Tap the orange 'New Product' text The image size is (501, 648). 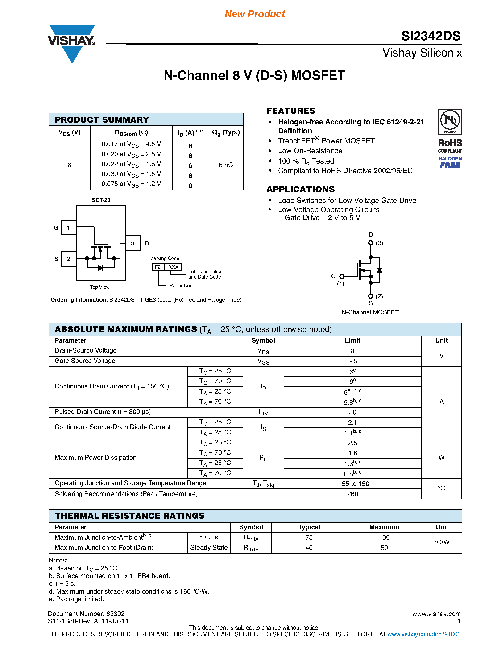point(255,14)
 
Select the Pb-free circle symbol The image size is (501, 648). point(450,120)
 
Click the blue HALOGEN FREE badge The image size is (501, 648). point(450,162)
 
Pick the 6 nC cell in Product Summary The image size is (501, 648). point(226,165)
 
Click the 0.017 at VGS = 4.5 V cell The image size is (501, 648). point(131,144)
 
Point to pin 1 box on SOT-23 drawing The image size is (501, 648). point(69,228)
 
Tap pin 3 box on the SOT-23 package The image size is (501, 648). point(133,243)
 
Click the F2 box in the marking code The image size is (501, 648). point(157,267)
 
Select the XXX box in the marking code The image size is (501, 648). point(173,267)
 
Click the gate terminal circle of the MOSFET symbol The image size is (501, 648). point(342,276)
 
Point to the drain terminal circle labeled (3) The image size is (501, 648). point(371,243)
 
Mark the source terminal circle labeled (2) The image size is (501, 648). point(371,296)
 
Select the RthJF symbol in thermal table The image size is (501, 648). point(251,548)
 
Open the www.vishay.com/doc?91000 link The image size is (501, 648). point(424,634)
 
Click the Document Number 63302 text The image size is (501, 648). point(86,614)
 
